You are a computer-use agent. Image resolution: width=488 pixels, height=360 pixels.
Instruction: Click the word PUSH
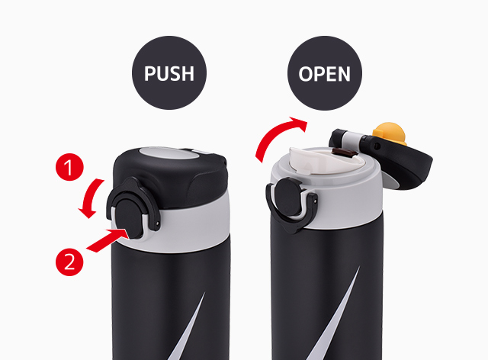169,73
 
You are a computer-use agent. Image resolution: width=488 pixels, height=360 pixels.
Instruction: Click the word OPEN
324,74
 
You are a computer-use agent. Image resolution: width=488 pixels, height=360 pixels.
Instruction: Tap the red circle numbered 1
69,167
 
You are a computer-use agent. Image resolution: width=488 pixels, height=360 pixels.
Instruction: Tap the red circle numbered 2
69,262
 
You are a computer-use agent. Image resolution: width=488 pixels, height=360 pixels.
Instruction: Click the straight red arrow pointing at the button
108,239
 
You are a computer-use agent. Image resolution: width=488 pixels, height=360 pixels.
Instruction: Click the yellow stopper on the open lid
390,133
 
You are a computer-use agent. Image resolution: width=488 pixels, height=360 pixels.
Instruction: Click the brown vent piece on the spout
344,153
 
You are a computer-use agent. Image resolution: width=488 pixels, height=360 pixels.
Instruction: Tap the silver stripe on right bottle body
336,314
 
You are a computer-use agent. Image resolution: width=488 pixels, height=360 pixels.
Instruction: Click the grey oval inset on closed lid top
169,154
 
